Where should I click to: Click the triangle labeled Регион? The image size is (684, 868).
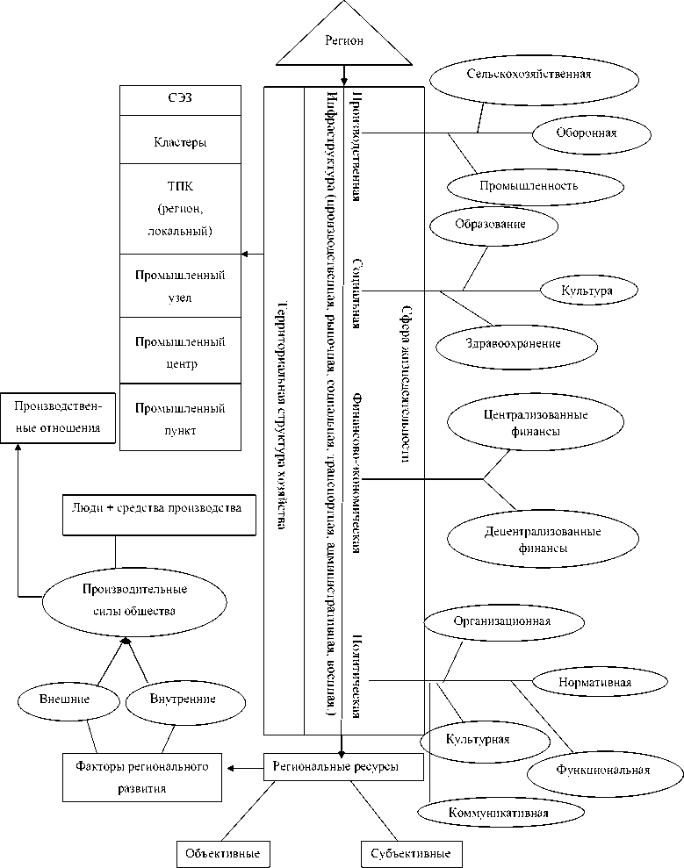[343, 43]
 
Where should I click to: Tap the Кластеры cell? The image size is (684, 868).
[179, 140]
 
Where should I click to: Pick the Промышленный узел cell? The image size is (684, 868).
[179, 286]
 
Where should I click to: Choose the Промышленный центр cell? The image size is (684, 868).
[179, 351]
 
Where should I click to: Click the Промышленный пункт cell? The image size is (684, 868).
[179, 418]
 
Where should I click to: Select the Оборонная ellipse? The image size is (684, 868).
[591, 133]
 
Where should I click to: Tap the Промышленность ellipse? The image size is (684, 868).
[534, 186]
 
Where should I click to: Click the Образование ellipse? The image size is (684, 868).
[494, 225]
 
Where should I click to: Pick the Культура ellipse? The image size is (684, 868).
[587, 289]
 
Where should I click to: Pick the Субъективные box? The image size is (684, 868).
[411, 853]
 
